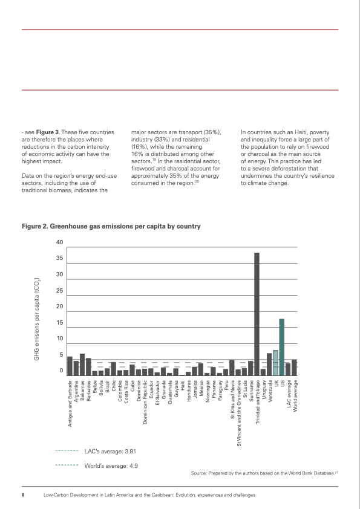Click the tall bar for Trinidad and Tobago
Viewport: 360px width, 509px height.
click(x=257, y=314)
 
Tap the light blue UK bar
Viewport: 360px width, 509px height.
click(x=275, y=363)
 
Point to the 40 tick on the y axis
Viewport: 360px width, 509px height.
click(x=59, y=242)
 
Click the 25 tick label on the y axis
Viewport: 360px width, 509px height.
click(x=59, y=291)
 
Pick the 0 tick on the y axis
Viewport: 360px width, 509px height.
click(x=61, y=371)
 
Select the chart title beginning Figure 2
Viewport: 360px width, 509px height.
click(x=111, y=226)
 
